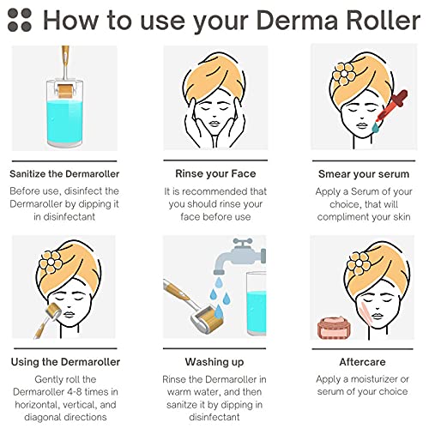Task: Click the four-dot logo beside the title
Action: click(20, 20)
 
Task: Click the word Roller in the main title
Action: click(383, 21)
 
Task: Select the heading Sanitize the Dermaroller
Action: click(64, 173)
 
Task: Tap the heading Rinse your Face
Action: click(215, 173)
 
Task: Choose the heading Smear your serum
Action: click(364, 174)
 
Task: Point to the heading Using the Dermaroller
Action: click(65, 362)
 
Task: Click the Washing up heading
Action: click(214, 362)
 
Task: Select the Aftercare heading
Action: click(362, 362)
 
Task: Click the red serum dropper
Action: click(391, 106)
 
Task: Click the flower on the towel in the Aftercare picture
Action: click(359, 263)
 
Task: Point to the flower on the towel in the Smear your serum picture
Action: click(344, 74)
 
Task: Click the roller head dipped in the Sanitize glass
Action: click(66, 91)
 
